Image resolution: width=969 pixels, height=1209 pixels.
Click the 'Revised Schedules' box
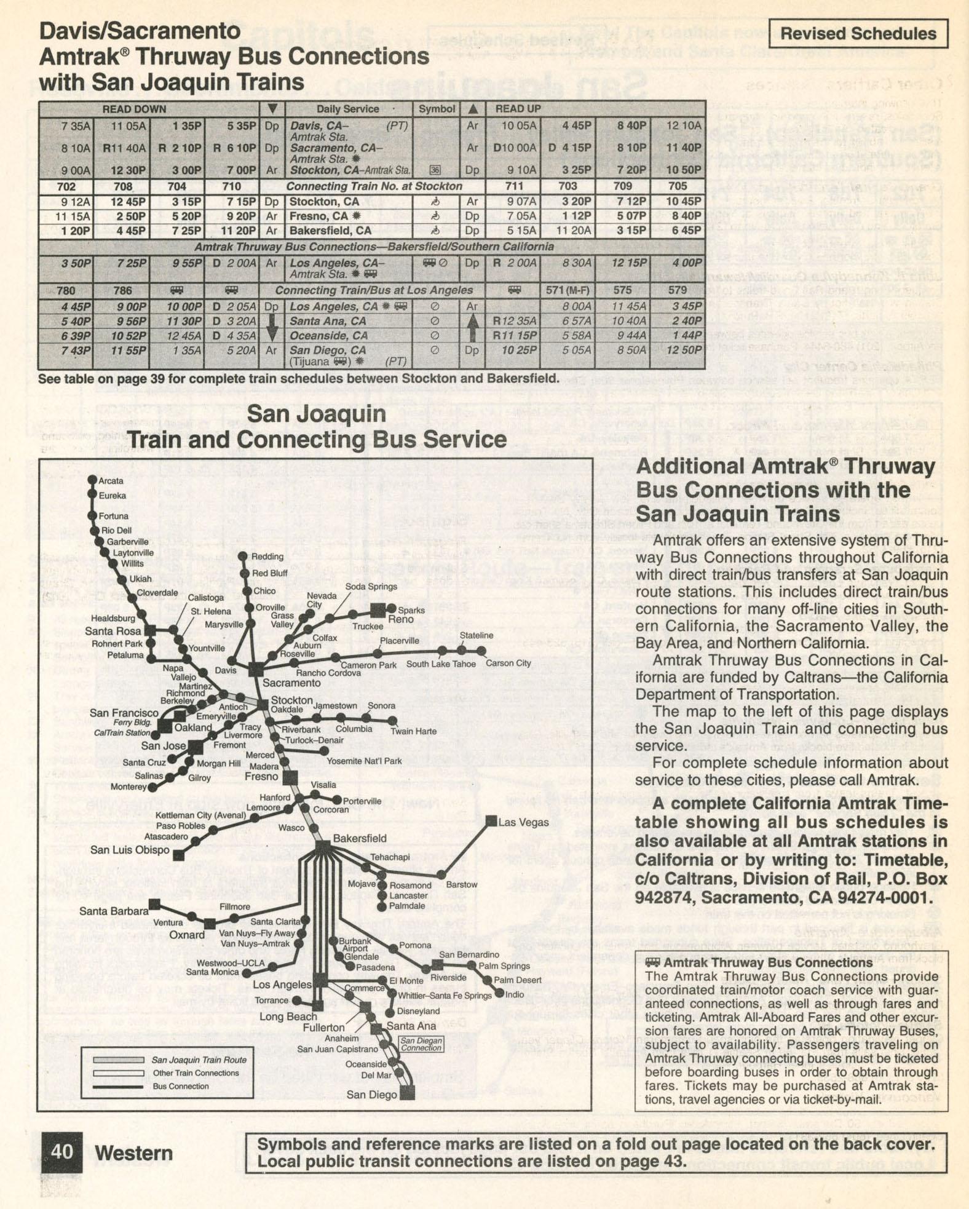pos(858,33)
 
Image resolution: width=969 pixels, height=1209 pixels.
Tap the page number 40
pos(61,1151)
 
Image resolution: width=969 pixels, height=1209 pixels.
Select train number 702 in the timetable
pos(66,186)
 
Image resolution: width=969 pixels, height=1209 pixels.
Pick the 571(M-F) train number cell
pos(568,290)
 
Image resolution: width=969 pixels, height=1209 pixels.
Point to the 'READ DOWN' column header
pos(134,109)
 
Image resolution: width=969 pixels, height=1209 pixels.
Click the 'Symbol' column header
pos(437,109)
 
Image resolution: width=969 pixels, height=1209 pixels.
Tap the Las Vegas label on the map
pos(523,822)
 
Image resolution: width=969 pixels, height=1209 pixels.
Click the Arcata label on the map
pos(111,481)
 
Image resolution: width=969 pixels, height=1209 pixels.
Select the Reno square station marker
pos(378,610)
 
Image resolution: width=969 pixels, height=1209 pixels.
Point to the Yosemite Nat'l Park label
pos(364,761)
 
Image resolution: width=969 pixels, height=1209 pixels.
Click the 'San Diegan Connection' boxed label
pos(421,1044)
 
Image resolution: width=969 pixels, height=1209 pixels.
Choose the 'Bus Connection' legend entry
pos(181,1086)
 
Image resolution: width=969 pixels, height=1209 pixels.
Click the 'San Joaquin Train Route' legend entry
pos(199,1060)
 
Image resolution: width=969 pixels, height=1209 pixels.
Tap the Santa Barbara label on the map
pos(114,911)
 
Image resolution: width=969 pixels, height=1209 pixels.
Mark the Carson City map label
pos(508,663)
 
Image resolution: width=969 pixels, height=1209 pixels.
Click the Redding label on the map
pos(267,557)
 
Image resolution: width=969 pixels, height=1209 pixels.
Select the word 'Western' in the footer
pos(133,1154)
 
